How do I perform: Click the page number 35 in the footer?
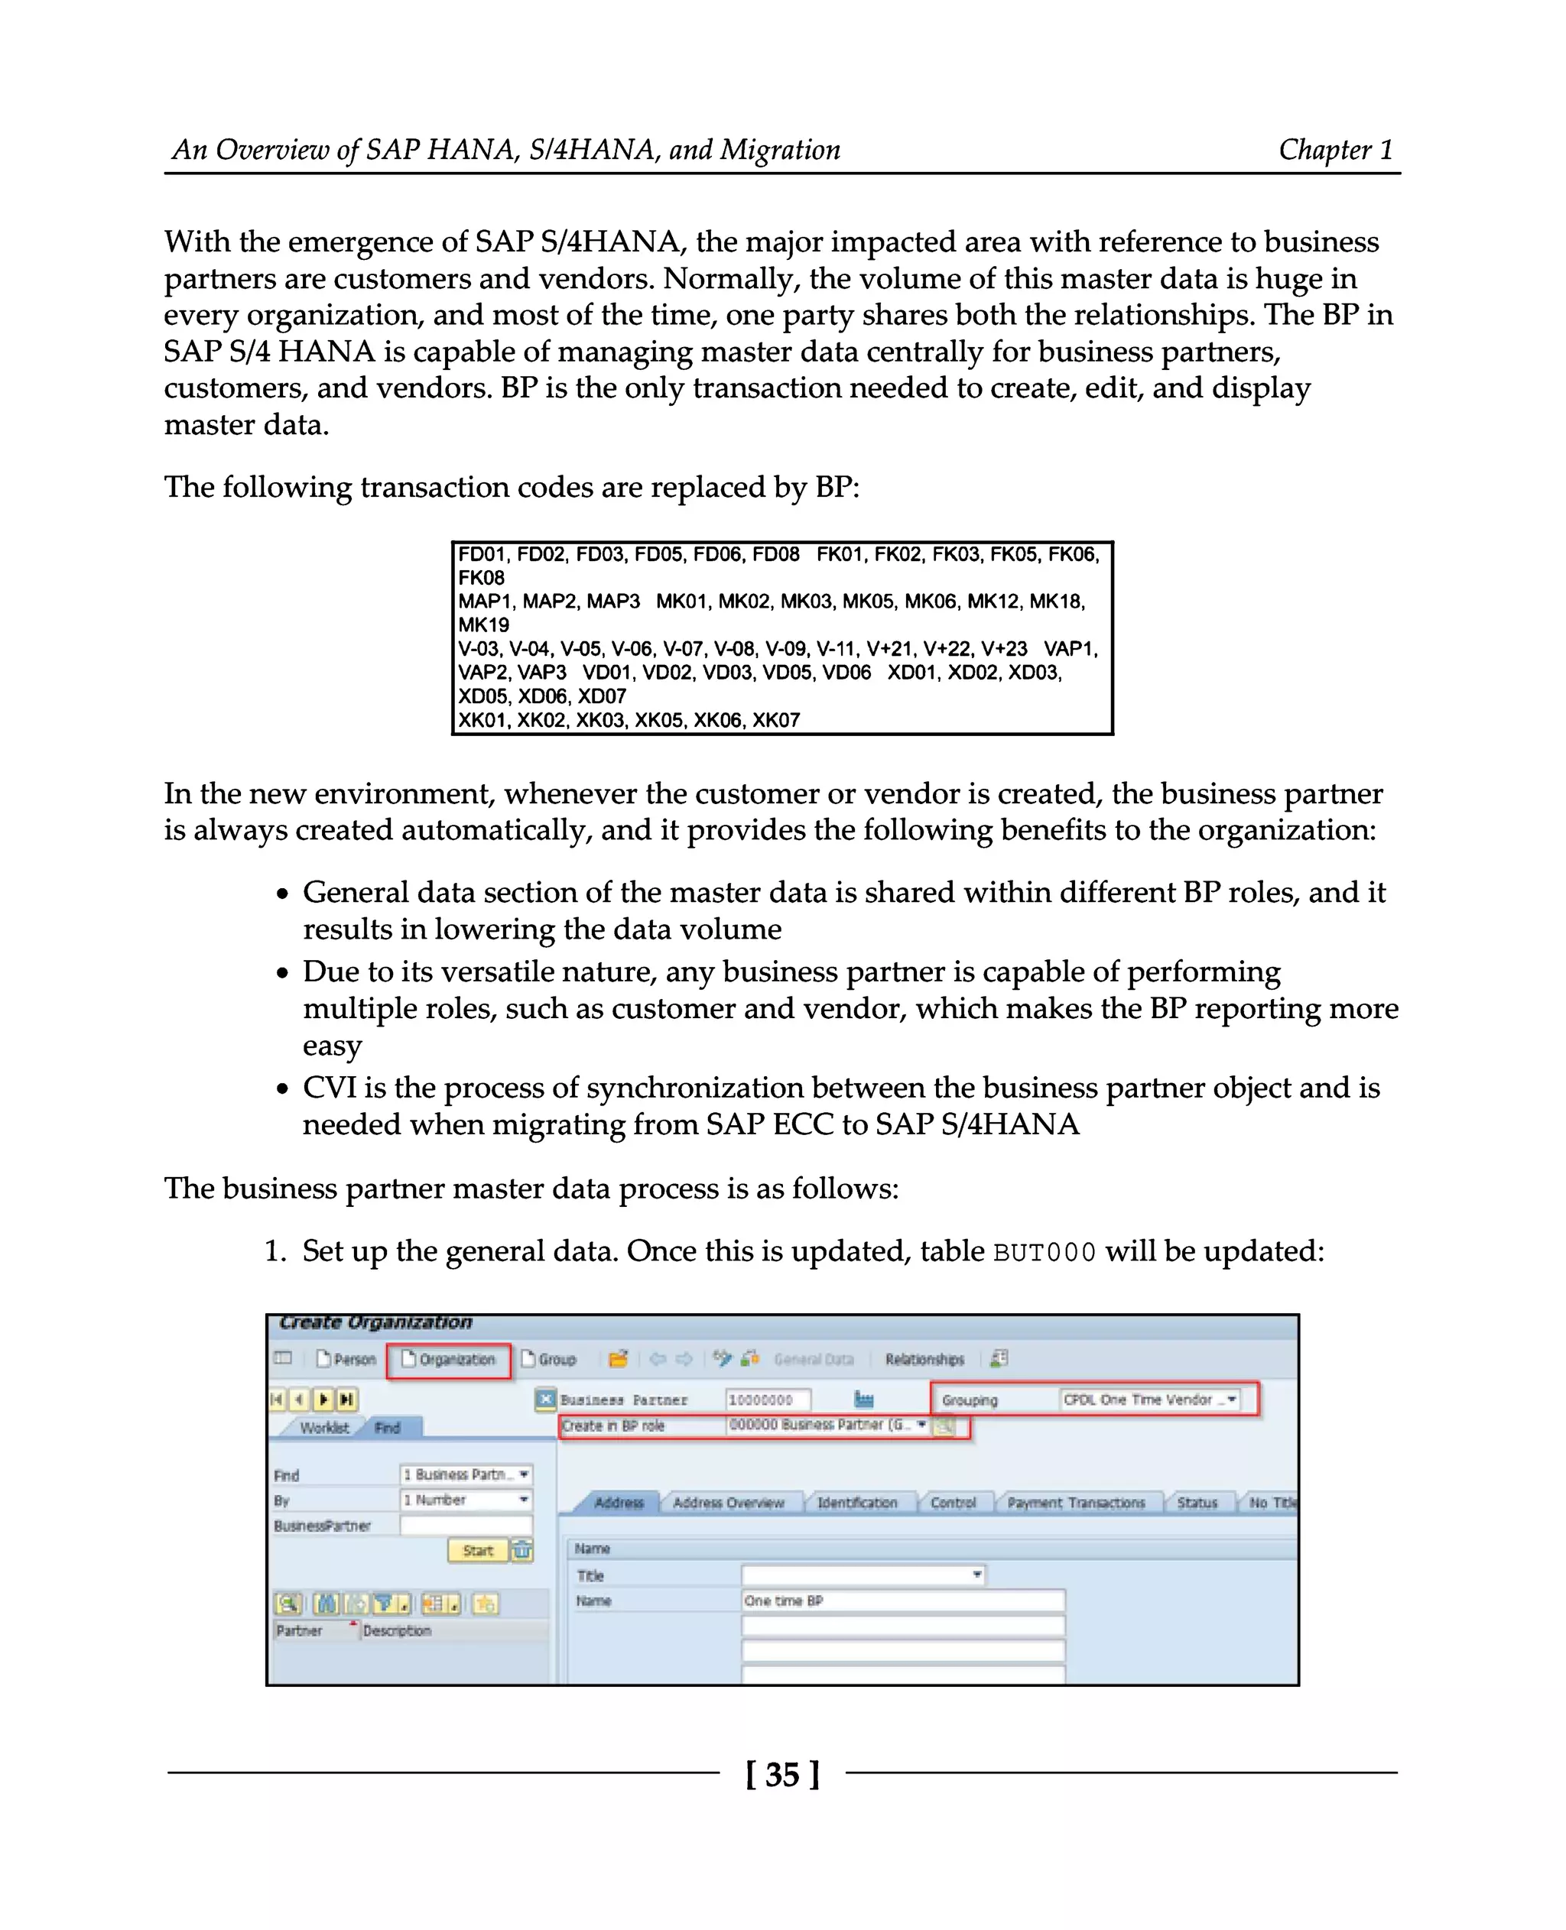782,1774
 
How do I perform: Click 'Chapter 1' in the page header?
1335,150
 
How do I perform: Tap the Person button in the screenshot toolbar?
346,1359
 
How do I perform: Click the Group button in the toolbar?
548,1359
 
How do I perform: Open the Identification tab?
856,1503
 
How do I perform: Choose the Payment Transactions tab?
1075,1503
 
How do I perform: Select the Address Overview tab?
728,1503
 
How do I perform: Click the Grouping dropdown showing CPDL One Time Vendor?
1149,1400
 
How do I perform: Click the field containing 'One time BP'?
902,1601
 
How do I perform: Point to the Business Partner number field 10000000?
768,1400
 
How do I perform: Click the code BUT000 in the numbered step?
1044,1253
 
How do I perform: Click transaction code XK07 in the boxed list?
776,720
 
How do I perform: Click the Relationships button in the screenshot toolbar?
924,1359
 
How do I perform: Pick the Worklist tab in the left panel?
324,1428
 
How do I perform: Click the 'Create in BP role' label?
612,1426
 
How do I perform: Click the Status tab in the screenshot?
1196,1503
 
